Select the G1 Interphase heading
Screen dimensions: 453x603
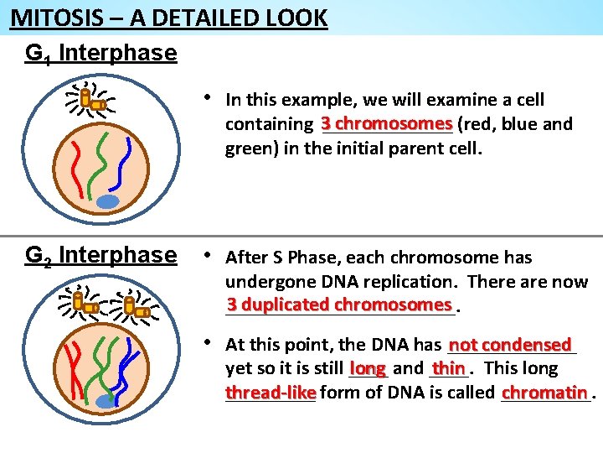tap(100, 54)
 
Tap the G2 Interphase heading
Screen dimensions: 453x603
tap(100, 255)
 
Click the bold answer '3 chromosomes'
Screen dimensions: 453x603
tap(386, 123)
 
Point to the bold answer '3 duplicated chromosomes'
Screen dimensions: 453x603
tap(339, 304)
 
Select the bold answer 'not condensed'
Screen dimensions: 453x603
tap(510, 345)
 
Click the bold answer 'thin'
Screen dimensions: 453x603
tap(448, 368)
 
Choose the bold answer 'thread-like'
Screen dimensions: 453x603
tap(271, 393)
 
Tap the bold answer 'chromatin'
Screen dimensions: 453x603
tap(544, 393)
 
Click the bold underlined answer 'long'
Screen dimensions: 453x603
tap(368, 368)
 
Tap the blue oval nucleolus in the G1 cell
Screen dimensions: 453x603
tap(108, 201)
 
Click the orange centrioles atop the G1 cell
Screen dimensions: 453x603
tap(92, 102)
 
